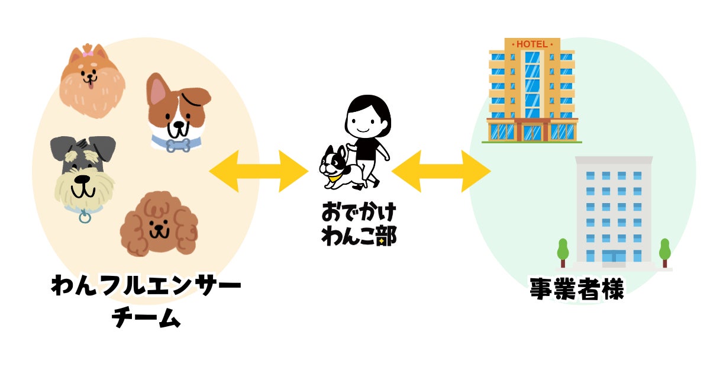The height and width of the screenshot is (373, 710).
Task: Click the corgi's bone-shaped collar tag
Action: tap(178, 146)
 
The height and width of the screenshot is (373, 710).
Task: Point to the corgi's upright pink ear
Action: tap(159, 90)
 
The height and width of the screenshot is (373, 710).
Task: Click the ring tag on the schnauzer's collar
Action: tap(85, 218)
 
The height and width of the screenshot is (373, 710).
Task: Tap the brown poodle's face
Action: tap(159, 224)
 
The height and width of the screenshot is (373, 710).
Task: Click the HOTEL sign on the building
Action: tap(532, 44)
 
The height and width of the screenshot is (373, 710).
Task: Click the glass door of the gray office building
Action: tap(614, 256)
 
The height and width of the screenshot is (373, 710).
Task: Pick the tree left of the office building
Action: tap(563, 253)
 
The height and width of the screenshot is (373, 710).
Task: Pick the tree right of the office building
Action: tap(664, 253)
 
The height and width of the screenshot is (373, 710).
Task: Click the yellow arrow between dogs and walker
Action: tap(259, 171)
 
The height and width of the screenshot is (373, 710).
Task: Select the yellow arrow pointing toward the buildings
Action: tap(441, 171)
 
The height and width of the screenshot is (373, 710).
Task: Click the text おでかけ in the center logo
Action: tap(359, 211)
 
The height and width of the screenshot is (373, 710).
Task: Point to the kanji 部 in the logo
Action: tap(386, 236)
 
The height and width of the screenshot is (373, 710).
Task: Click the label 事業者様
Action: tap(577, 288)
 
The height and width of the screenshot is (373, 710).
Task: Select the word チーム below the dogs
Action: tap(146, 317)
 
